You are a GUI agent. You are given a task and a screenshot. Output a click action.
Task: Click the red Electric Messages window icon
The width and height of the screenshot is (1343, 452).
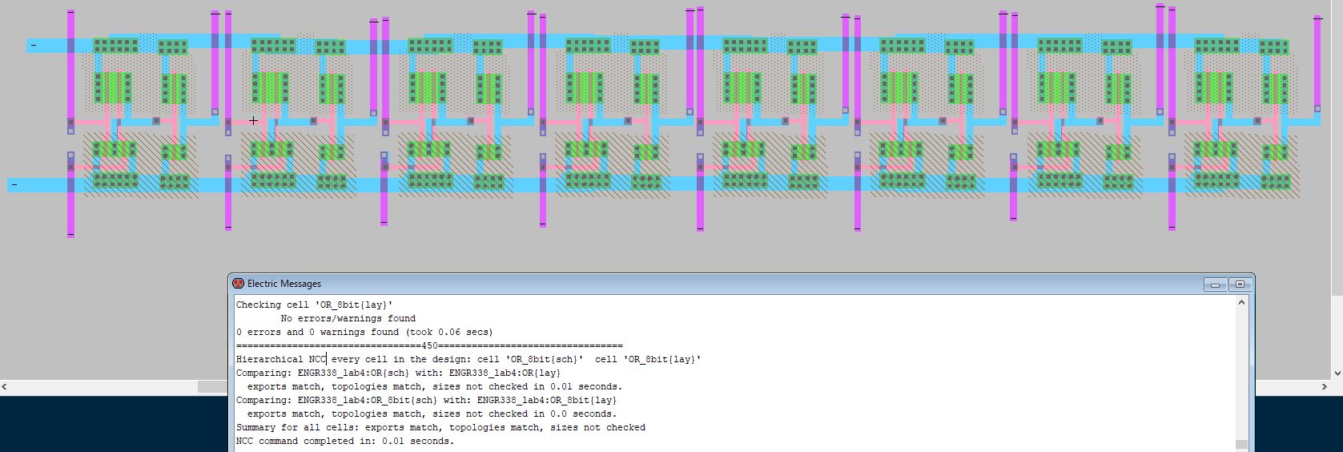point(238,284)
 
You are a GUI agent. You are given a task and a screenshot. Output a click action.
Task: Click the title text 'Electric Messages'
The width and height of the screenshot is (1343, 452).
point(283,284)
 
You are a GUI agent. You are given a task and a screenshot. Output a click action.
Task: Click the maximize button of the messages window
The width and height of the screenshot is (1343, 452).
point(1240,285)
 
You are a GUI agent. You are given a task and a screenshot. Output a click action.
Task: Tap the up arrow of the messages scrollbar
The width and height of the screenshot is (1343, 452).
point(1242,303)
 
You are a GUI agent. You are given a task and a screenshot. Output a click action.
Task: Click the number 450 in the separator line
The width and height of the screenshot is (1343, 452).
point(429,345)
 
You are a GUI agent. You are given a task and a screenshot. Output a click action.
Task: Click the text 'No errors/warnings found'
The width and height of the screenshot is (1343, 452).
point(348,318)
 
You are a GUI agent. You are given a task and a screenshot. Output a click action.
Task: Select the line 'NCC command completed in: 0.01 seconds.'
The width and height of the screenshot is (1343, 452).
point(344,441)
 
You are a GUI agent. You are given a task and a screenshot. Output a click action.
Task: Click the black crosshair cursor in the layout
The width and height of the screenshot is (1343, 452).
point(253,121)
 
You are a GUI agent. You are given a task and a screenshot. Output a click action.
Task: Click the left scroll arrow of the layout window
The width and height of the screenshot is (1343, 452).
point(4,387)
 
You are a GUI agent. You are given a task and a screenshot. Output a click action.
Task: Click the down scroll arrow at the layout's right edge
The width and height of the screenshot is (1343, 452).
point(1337,373)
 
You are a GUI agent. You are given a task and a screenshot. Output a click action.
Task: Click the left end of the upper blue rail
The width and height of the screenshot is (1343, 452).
point(32,46)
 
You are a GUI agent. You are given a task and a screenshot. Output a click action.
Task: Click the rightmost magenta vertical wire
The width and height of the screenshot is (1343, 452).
point(1317,64)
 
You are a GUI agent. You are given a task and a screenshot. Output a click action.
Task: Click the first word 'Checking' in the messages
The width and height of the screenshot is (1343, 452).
point(258,305)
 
